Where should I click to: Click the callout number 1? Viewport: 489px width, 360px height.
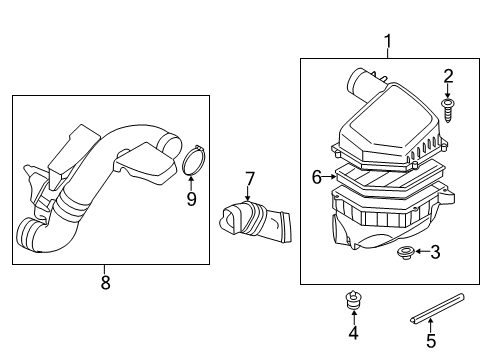click(x=387, y=41)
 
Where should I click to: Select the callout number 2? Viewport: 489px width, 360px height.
click(x=449, y=75)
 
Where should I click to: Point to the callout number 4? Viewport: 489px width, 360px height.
click(x=352, y=332)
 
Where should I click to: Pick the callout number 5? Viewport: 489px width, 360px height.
click(x=431, y=339)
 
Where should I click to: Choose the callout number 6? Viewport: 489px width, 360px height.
click(x=317, y=177)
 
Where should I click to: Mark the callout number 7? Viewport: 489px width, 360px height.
click(x=250, y=180)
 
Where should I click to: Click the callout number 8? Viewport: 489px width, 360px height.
click(x=105, y=282)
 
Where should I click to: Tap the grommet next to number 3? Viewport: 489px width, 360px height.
click(x=407, y=252)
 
